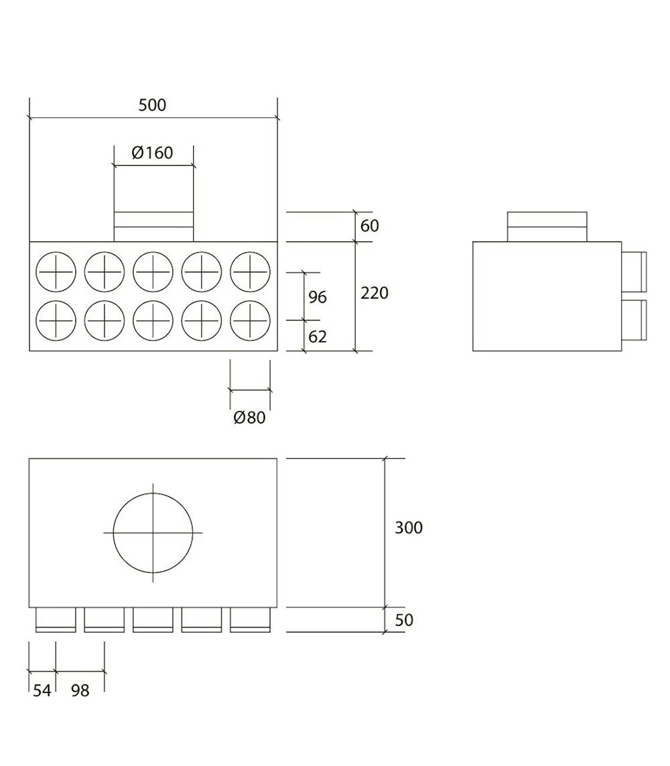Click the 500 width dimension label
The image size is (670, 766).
coord(152,105)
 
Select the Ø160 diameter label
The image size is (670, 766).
coord(152,152)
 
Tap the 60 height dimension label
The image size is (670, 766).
coord(370,226)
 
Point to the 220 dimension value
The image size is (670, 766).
coord(374,293)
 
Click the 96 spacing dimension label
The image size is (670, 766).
coord(317,297)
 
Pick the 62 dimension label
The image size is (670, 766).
coord(317,336)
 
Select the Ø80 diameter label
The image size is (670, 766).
coord(250,418)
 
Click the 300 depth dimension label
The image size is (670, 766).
coord(408,528)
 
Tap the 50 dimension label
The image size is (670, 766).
coord(404,620)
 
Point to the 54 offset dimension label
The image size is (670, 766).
coord(41,690)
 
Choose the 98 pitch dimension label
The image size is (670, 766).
coord(80,690)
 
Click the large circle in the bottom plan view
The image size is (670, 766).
coord(153,533)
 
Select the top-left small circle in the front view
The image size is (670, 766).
coord(56,271)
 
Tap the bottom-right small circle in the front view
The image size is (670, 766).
coord(250,321)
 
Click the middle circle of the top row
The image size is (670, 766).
coord(153,271)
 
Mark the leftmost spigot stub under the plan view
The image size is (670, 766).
coord(56,620)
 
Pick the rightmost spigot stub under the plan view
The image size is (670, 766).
coord(250,620)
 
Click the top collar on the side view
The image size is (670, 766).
coord(547,227)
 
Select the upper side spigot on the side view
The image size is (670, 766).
coord(634,271)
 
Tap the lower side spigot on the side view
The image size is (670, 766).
coord(634,319)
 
